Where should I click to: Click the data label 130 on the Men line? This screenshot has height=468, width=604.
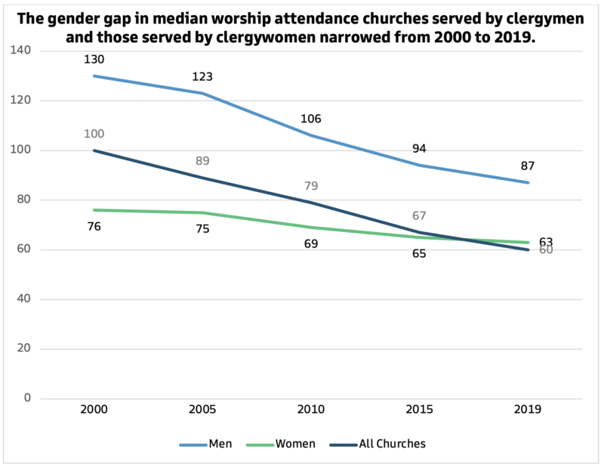coord(94,59)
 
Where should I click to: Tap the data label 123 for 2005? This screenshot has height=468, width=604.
coord(202,76)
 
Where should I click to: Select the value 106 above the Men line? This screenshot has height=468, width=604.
coord(311,119)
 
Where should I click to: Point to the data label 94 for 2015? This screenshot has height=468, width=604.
coord(419,148)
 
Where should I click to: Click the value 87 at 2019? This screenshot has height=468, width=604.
coord(528,166)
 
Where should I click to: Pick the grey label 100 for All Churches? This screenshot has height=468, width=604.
coord(94,134)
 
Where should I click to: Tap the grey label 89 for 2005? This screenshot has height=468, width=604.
coord(202,160)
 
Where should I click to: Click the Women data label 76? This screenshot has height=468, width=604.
coord(94,226)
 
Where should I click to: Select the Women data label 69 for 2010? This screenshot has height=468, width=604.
coord(311,243)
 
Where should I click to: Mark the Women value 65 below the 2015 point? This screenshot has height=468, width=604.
coord(419,253)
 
